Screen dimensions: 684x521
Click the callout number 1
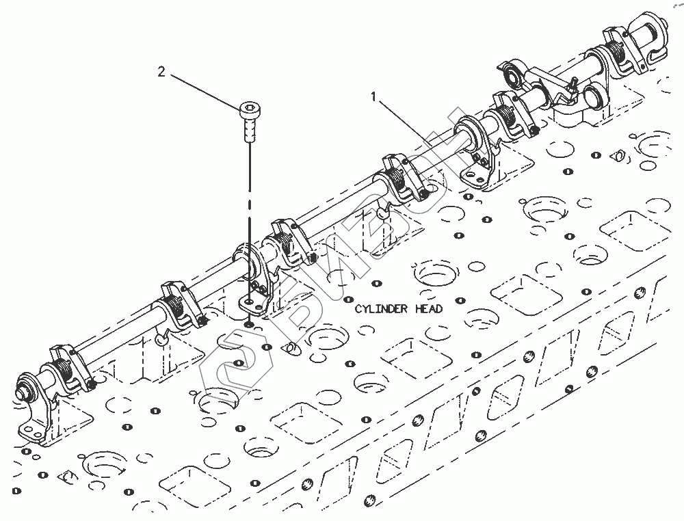tap(373, 98)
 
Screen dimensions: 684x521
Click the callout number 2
tap(161, 72)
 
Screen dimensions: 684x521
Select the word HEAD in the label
tap(429, 309)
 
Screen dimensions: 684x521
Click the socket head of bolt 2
tap(250, 109)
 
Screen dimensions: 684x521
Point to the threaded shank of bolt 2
tap(250, 129)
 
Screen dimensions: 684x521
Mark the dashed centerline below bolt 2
tap(250, 205)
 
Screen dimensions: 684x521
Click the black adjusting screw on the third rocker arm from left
tap(311, 257)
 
